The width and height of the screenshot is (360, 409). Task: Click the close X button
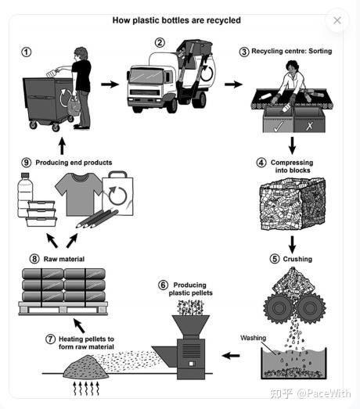337,20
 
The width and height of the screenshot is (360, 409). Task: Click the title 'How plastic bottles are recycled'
176,20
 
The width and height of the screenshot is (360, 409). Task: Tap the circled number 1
26,52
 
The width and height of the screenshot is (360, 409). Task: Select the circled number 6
163,285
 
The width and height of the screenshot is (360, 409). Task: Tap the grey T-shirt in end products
79,194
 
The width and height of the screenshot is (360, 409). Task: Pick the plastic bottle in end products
25,194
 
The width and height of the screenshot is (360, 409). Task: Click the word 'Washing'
253,338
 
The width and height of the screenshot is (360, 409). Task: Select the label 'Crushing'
297,259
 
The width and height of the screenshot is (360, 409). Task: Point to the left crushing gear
279,308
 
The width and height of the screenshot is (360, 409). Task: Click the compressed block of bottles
293,204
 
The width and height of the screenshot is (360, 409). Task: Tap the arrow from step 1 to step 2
110,84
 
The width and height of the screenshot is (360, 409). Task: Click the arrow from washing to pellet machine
231,355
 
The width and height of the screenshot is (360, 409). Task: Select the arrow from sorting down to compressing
293,145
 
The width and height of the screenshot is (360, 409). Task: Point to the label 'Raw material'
64,259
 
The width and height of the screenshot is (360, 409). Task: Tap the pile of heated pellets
85,367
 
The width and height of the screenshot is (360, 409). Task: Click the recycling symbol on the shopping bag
117,196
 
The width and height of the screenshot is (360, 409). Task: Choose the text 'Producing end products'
74,163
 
